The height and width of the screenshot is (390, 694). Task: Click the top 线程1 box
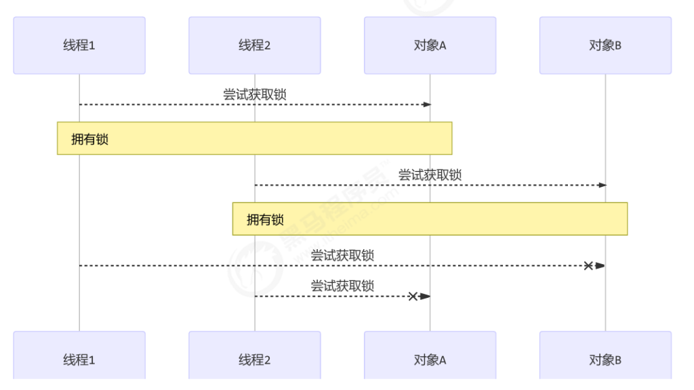[x=79, y=45]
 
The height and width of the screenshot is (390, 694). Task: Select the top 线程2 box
[x=255, y=45]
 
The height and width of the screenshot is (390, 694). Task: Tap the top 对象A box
[x=430, y=45]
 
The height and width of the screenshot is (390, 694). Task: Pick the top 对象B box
[x=605, y=45]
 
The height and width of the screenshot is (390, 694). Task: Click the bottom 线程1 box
[x=79, y=359]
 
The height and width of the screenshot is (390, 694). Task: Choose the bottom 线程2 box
[x=255, y=359]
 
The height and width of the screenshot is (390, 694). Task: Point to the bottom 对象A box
[x=430, y=359]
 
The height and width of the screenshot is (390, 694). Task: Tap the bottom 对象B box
[x=605, y=359]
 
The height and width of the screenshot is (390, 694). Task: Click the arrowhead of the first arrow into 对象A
[x=427, y=104]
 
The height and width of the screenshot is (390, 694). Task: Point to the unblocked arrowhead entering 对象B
[x=602, y=185]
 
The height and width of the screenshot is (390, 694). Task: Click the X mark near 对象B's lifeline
[x=588, y=265]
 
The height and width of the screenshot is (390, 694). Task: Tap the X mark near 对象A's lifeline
[x=413, y=296]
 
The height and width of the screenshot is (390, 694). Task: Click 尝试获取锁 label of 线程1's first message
[x=255, y=94]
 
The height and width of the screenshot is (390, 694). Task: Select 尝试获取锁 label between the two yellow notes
[x=430, y=175]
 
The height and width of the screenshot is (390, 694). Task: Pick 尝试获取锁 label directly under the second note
[x=342, y=255]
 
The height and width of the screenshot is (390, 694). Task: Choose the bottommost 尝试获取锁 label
[x=342, y=286]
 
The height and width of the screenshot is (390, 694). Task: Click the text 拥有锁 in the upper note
[x=90, y=139]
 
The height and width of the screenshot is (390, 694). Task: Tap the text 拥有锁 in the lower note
[x=265, y=219]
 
